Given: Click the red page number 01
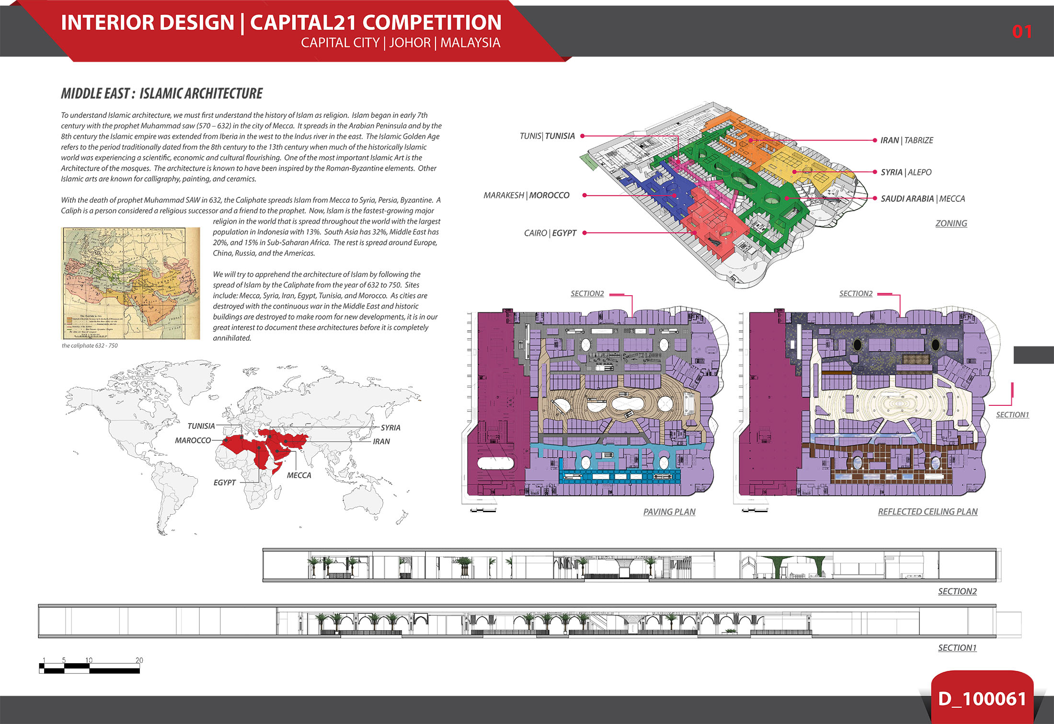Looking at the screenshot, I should tap(1021, 32).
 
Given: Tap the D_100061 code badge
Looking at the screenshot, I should tap(982, 699).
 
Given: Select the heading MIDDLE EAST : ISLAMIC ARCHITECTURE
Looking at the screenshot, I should tap(162, 93).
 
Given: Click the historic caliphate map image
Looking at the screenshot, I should tap(130, 283).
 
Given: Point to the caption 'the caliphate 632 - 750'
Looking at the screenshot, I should tap(90, 345).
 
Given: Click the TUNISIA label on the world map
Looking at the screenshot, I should tap(201, 426).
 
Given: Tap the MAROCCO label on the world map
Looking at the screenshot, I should tap(193, 440).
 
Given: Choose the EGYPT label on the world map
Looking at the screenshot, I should tap(225, 483).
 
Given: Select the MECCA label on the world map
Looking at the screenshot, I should tap(299, 475).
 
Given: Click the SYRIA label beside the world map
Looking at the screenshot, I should tap(390, 427).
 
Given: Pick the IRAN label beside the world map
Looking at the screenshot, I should tap(381, 441).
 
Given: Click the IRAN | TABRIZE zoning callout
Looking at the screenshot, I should tap(906, 140).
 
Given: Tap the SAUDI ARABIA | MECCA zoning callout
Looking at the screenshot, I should tap(923, 199).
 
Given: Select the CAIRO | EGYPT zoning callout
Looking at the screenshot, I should tap(550, 233).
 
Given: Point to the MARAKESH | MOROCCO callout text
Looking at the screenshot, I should tap(527, 195).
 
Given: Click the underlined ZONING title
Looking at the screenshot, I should tap(951, 223).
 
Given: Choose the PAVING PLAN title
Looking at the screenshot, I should tap(669, 512).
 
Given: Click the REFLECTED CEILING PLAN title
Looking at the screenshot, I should tap(928, 512).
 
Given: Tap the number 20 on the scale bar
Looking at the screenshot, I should tap(139, 660).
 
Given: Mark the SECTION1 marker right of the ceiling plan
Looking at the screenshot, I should tap(1012, 415).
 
